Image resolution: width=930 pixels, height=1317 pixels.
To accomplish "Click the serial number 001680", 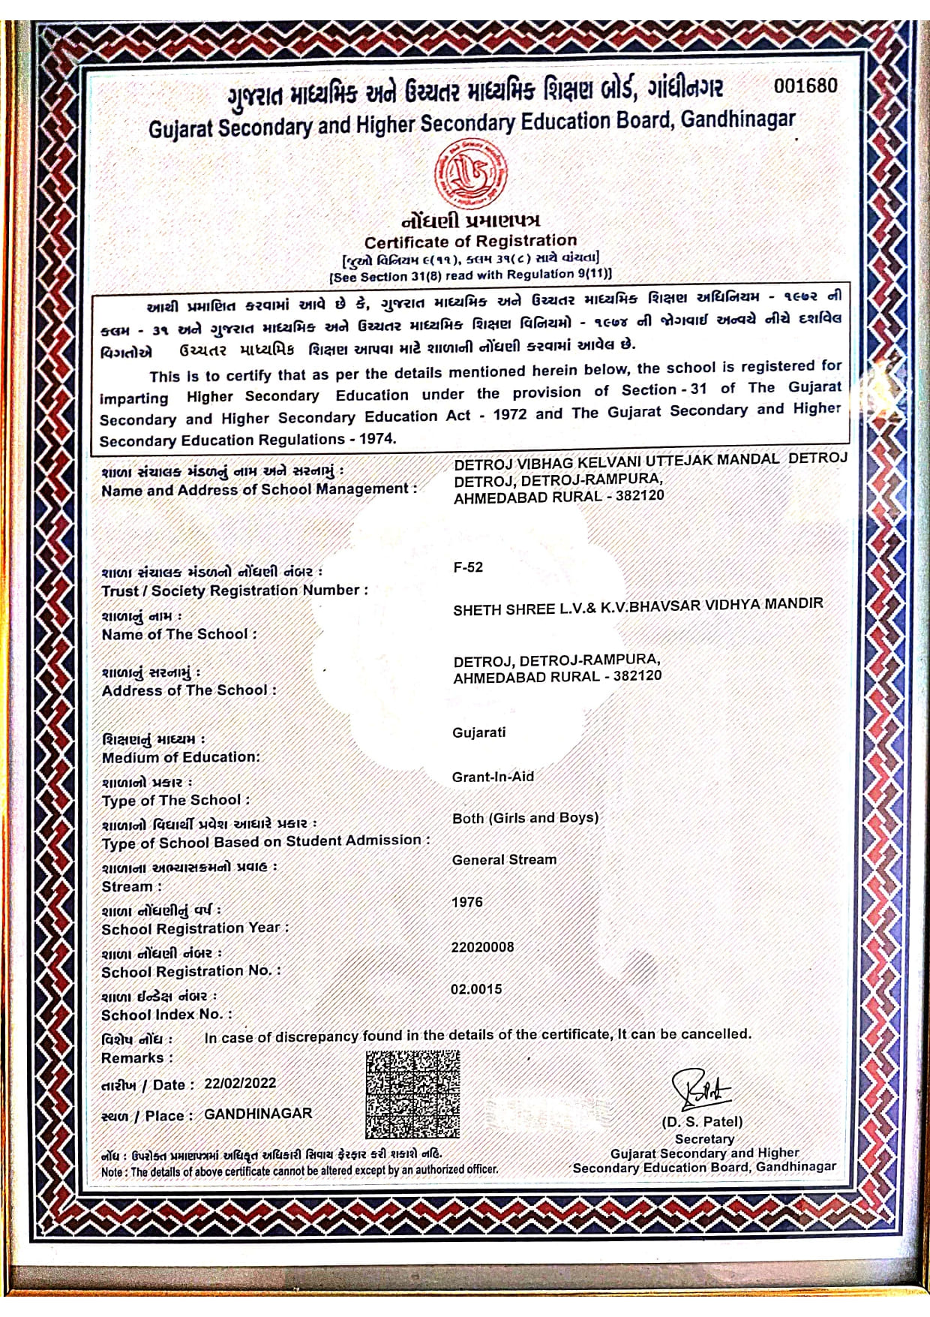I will (x=805, y=86).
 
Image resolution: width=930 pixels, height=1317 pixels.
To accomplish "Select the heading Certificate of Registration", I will (x=470, y=242).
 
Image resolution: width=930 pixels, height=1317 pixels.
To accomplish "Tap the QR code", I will (x=412, y=1093).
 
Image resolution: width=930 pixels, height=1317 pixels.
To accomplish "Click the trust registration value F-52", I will (x=468, y=567).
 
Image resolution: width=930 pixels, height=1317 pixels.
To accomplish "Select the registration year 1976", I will (x=466, y=902).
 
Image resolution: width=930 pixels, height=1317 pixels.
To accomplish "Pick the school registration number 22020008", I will (x=482, y=947).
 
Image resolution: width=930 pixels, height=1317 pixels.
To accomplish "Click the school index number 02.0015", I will (x=476, y=989).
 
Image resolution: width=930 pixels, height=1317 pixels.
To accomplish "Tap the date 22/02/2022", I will (x=240, y=1083).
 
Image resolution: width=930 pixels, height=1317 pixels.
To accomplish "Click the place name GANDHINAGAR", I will (x=258, y=1114).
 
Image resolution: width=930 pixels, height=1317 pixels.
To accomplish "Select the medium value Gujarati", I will (x=478, y=732).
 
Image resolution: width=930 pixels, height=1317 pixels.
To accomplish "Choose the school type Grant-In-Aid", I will (x=493, y=777).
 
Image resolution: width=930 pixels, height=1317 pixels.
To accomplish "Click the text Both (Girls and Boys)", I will (x=525, y=818).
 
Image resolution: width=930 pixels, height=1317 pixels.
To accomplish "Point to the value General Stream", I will (x=504, y=860).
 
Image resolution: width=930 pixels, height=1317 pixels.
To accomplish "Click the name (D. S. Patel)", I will (x=702, y=1122).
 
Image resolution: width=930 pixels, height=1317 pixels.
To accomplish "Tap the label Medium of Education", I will (x=181, y=758).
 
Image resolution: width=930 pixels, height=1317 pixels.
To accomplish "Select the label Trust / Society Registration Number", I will (x=235, y=591).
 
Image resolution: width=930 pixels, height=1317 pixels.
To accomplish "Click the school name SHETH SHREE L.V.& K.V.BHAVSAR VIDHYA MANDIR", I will (x=637, y=606).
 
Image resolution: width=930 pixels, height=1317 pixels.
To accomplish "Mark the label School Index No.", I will (x=166, y=1015).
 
